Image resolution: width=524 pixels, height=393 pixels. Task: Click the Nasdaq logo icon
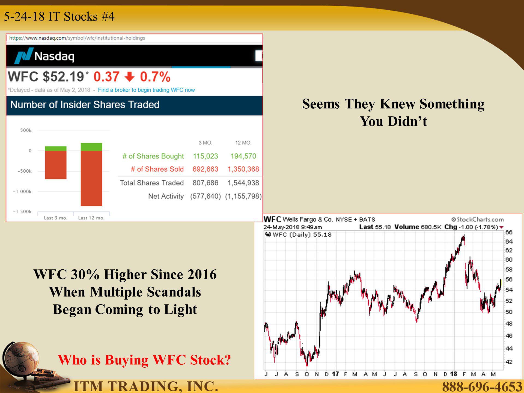click(x=24, y=56)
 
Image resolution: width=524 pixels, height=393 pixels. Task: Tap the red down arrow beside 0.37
click(x=130, y=77)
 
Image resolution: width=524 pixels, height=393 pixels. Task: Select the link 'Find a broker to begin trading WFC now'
click(x=146, y=90)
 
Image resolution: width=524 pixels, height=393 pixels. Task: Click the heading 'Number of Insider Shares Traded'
click(x=85, y=105)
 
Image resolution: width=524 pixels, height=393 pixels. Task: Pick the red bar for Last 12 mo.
click(x=91, y=178)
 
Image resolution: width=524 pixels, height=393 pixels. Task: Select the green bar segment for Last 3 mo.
click(x=56, y=148)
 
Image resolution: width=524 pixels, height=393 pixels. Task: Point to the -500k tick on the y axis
click(x=25, y=171)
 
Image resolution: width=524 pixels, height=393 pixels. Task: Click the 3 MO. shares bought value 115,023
click(x=206, y=156)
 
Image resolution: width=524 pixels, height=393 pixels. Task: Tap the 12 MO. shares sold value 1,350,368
click(x=243, y=169)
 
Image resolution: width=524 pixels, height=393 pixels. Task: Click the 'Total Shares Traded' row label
click(x=152, y=183)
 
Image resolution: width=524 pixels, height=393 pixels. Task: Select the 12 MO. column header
click(x=243, y=143)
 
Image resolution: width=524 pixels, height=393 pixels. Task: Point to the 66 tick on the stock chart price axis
click(x=509, y=232)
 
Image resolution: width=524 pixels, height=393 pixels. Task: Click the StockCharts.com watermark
click(x=478, y=219)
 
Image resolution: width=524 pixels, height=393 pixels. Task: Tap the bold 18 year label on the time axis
click(x=454, y=374)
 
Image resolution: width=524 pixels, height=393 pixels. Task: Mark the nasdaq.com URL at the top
click(x=77, y=38)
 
